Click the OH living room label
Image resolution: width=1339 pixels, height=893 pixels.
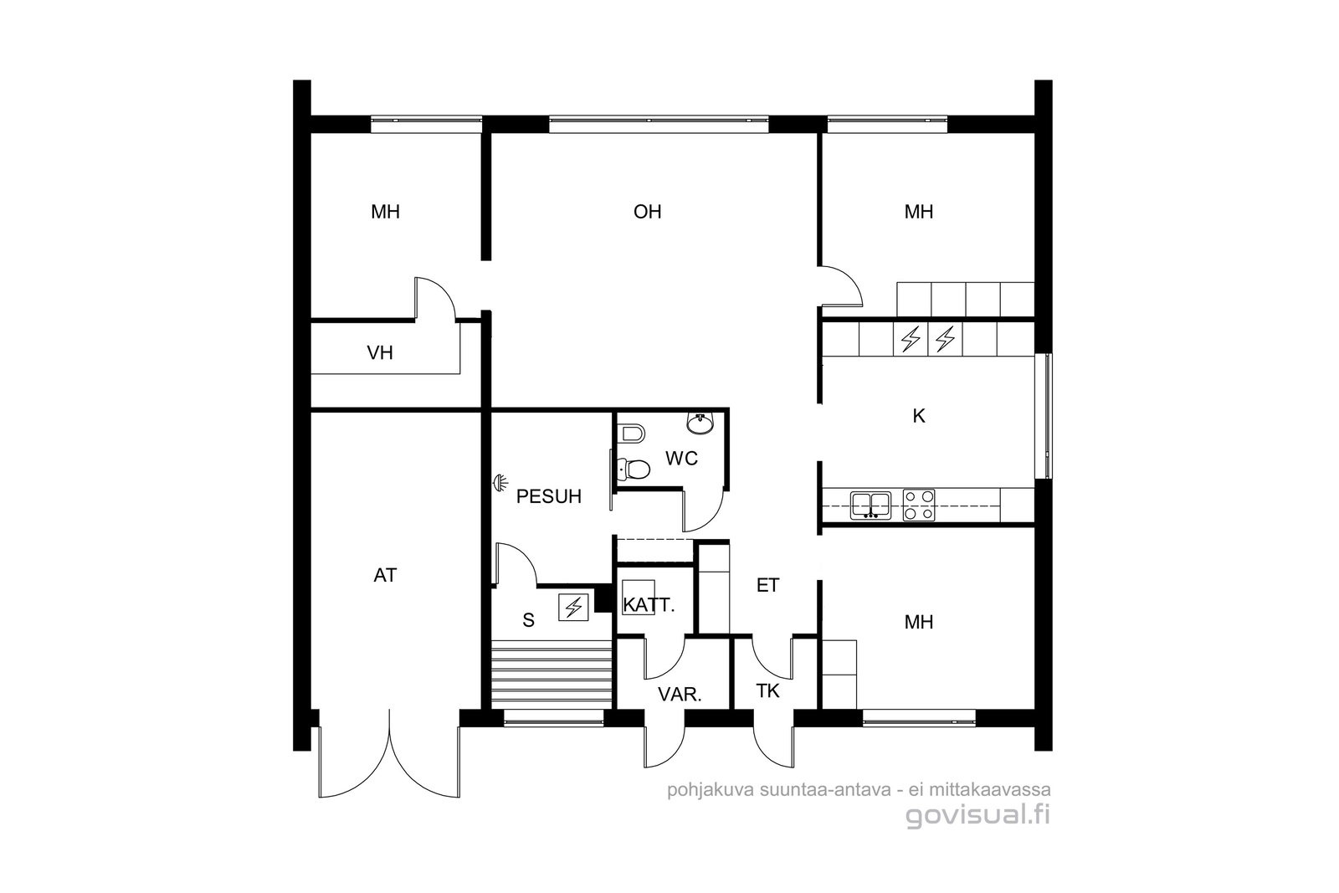point(648,212)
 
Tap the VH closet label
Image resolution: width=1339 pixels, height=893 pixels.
point(380,352)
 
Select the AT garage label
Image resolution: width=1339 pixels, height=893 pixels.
point(385,575)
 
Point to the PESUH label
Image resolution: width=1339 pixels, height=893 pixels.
point(549,496)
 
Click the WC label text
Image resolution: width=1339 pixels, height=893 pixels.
point(681,459)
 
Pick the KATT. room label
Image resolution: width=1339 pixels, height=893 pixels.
point(649,605)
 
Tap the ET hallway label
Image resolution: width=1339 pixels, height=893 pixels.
point(768,585)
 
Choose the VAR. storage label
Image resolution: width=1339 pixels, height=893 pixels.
point(680,694)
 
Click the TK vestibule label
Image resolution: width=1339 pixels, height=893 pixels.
point(768,691)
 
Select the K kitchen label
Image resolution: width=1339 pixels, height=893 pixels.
point(919,416)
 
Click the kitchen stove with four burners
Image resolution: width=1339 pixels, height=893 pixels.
point(919,505)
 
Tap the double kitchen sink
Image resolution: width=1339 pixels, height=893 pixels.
point(871,506)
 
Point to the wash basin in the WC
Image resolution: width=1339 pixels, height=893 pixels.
point(700,423)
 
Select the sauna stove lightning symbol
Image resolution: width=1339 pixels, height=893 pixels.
point(574,608)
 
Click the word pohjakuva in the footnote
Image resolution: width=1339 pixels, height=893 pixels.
point(711,790)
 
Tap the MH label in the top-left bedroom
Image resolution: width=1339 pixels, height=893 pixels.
point(385,212)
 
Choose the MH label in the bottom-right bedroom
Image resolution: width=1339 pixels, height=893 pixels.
point(919,622)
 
